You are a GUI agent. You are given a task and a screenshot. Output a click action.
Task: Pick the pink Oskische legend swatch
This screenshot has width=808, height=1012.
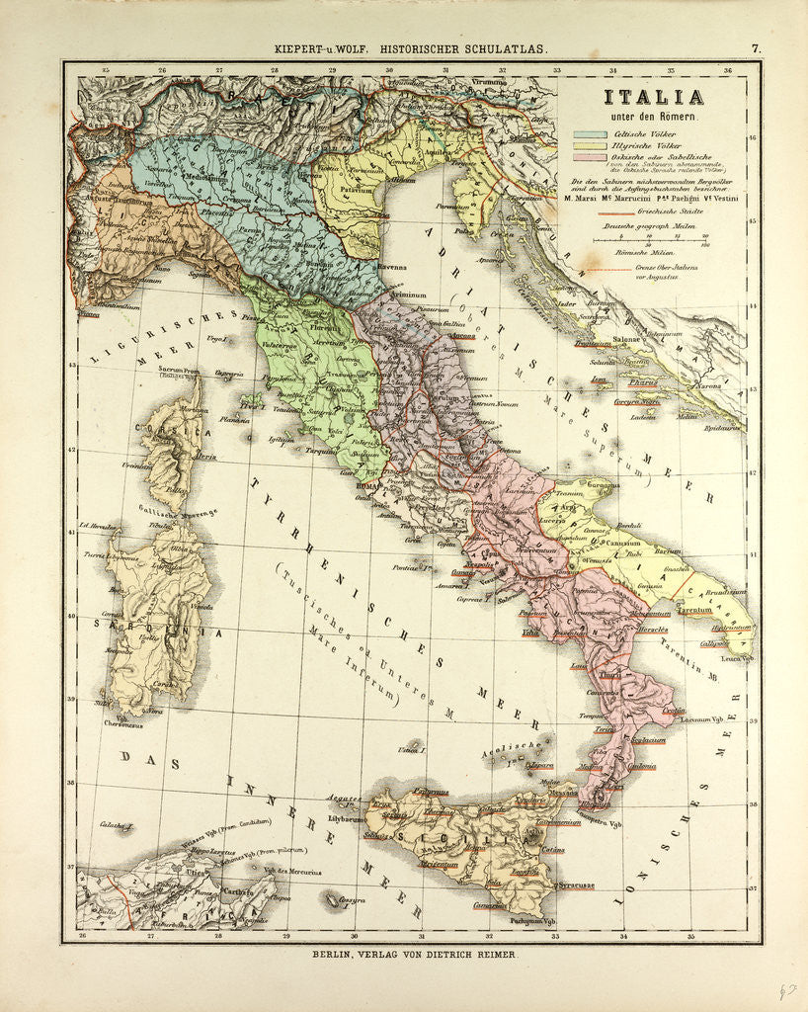pyautogui.click(x=589, y=157)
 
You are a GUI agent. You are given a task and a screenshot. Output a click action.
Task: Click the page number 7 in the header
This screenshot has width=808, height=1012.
pyautogui.click(x=755, y=46)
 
